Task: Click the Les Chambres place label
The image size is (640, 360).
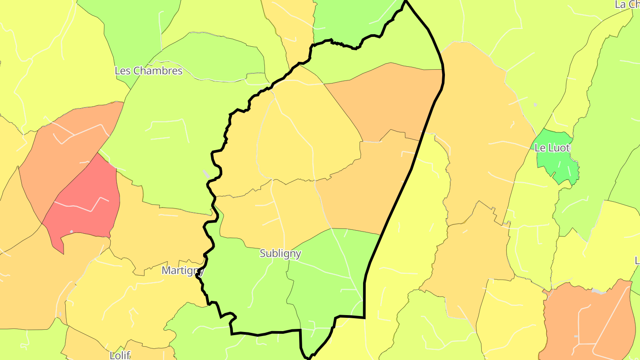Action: point(148,71)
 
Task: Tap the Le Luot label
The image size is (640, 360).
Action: point(552,148)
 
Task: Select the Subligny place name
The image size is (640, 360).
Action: point(280,253)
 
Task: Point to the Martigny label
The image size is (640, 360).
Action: point(183,270)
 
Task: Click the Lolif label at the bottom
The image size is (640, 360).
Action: point(120,355)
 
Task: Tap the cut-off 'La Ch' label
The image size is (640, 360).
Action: point(627,4)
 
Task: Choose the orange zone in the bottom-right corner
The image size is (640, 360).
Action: point(587,320)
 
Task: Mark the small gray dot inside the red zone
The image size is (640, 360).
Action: point(72,232)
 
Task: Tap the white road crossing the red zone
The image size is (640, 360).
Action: point(80,207)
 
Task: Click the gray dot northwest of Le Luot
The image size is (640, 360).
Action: point(535,105)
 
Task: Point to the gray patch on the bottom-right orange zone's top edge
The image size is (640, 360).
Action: point(598,291)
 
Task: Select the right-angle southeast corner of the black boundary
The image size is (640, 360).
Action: point(364,317)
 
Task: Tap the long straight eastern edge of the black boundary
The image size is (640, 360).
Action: point(400,191)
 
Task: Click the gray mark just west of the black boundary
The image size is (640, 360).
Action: point(206,173)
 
